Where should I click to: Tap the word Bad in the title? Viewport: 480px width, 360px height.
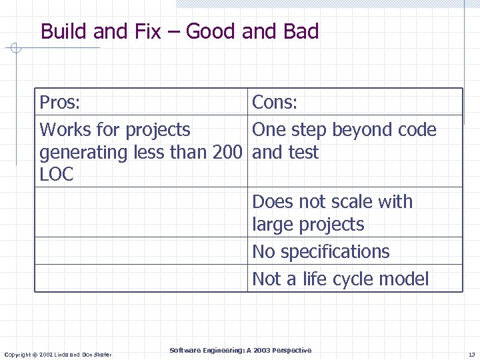tap(301, 31)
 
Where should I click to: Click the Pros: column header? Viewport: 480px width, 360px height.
tap(60, 103)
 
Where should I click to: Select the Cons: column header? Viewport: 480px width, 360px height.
tap(275, 103)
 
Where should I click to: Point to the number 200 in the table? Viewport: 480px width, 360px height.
tap(226, 153)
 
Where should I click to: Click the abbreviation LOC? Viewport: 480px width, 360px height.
tap(57, 175)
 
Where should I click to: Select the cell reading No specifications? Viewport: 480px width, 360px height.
tap(321, 252)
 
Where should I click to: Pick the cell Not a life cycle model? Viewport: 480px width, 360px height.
tap(340, 279)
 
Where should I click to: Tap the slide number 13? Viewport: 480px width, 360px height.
tap(471, 353)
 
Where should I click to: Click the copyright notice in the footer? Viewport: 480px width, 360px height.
tap(58, 354)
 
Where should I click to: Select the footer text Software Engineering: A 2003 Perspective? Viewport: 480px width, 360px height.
tap(240, 351)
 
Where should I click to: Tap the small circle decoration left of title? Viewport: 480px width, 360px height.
tap(17, 48)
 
